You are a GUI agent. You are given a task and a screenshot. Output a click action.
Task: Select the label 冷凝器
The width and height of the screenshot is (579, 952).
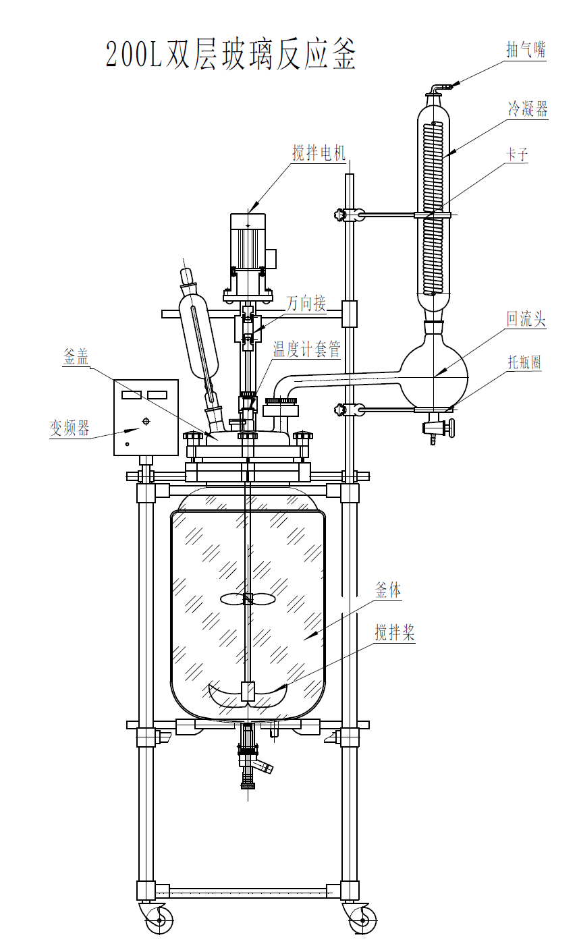point(527,109)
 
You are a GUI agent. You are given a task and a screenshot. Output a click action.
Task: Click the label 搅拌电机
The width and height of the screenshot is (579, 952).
point(319,152)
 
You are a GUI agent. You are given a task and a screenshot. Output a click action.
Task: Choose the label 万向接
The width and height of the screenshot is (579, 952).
point(306,304)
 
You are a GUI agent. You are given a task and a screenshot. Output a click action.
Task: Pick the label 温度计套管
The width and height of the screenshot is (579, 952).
point(306,349)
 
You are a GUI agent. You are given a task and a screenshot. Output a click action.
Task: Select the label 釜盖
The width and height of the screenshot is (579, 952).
point(76,358)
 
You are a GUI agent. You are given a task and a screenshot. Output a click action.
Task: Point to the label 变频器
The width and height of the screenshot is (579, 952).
point(69,428)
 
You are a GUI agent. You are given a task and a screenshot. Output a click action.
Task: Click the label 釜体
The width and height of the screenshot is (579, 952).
point(388,591)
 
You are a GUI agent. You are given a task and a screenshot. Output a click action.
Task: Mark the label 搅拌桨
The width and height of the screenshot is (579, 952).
point(395,633)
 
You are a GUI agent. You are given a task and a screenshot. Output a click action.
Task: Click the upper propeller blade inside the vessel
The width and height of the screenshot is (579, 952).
point(248,598)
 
